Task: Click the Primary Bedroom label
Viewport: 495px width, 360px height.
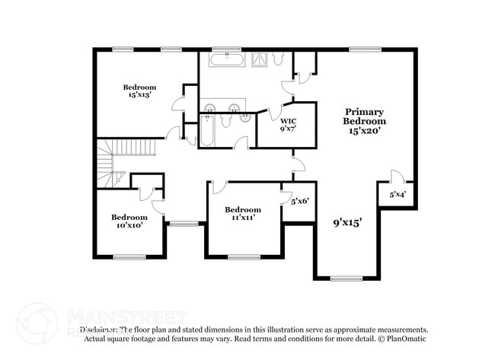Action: (364, 116)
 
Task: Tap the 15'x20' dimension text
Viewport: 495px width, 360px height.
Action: (364, 130)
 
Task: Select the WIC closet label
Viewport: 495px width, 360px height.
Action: (288, 121)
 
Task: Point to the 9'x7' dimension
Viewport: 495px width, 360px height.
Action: (288, 129)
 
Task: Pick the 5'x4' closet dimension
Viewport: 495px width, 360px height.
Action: (398, 194)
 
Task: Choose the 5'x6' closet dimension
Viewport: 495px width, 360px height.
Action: (299, 201)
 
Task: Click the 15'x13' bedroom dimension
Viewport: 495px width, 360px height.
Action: (139, 95)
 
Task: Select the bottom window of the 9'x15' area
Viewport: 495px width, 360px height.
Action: (347, 279)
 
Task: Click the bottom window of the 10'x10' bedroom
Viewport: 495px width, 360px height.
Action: (129, 257)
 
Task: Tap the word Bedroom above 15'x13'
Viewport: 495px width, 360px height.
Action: (139, 87)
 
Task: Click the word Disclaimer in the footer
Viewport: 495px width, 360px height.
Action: (100, 330)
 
